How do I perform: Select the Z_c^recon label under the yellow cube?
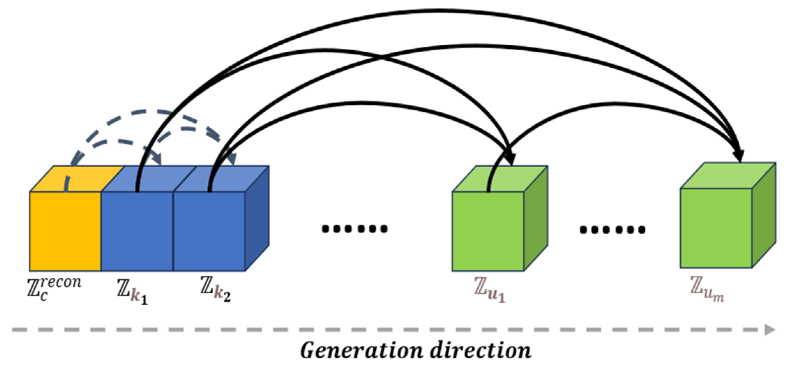click(54, 289)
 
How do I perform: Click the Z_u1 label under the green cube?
click(489, 292)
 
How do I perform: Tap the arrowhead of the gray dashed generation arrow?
click(770, 330)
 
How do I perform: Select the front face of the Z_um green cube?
click(716, 229)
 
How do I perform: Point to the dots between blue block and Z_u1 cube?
click(355, 229)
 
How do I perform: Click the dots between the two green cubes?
click(612, 230)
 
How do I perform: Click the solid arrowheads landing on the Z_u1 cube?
click(510, 159)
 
